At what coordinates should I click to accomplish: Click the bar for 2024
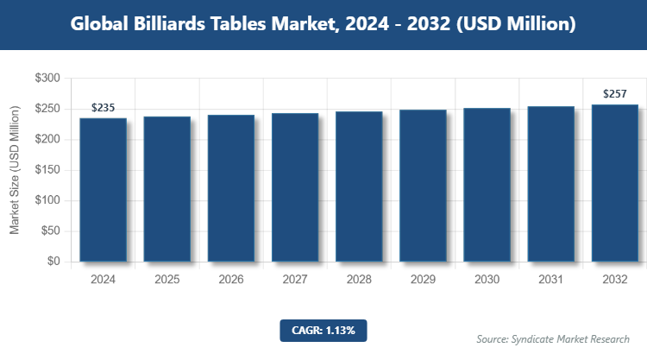point(104,190)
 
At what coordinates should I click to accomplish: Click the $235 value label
point(104,108)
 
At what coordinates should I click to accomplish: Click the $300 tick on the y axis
point(47,79)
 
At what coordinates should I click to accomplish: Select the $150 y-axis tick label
point(47,170)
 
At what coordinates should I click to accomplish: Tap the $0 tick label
point(53,262)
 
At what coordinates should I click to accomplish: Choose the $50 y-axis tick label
point(50,231)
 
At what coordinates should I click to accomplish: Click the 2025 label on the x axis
point(167,280)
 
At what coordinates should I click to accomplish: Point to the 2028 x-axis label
point(359,280)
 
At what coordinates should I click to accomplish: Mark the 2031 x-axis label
point(550,280)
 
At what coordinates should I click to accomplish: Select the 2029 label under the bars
point(423,280)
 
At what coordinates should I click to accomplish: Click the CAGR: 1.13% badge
point(323,330)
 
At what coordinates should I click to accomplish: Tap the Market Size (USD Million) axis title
point(15,170)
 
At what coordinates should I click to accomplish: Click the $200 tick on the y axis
point(47,140)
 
